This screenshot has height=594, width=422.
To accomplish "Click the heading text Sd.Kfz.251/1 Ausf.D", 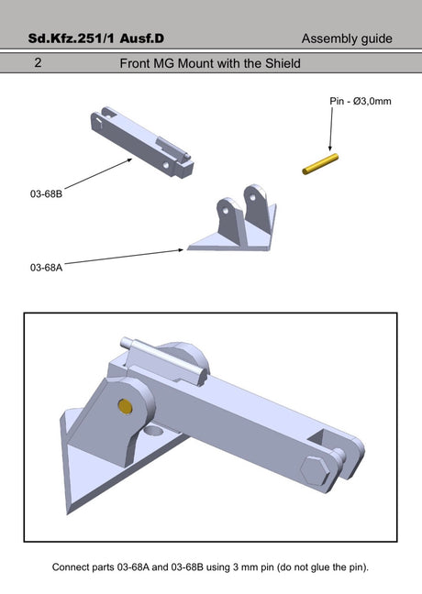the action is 96,38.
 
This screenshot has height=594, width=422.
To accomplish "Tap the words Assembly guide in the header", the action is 347,38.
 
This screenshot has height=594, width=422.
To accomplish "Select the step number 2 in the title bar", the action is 38,62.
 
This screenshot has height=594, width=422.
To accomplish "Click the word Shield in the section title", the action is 283,63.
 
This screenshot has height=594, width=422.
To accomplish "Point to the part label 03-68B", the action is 46,194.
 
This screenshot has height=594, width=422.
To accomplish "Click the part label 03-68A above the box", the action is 46,268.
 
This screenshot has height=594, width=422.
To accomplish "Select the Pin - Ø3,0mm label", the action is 361,101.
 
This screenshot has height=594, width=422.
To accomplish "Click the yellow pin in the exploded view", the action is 320,164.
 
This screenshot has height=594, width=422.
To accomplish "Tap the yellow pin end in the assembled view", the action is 125,406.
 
